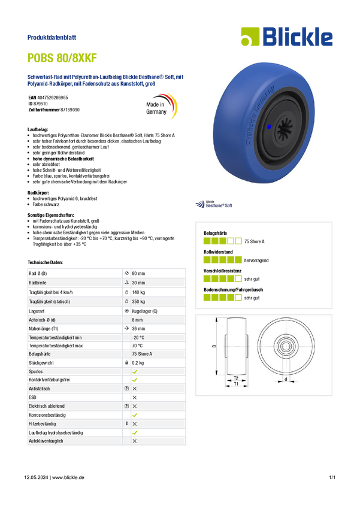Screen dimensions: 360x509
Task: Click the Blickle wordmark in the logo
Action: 297,37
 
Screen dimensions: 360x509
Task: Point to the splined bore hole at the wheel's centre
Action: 282,126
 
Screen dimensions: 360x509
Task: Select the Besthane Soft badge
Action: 214,204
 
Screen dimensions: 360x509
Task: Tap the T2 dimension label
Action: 235,378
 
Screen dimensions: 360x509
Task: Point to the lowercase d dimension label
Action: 286,379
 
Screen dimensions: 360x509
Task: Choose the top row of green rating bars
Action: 222,241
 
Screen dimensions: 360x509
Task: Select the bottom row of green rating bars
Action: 222,297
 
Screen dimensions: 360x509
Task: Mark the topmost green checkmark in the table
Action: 135,371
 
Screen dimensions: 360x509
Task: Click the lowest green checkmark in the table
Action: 135,432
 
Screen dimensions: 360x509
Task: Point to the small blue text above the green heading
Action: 53,38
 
